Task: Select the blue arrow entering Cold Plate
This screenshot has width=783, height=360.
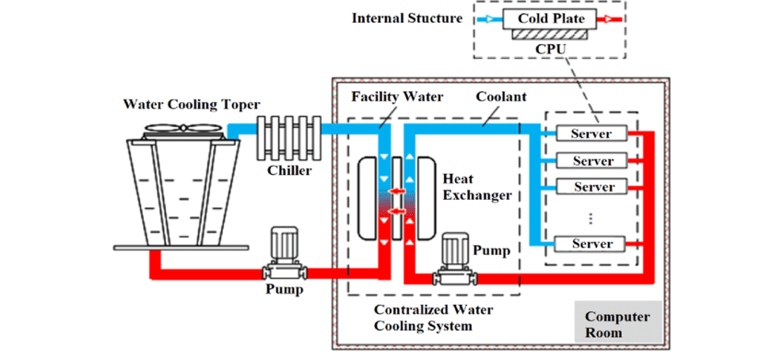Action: [x=485, y=17]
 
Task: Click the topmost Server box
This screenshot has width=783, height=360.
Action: [x=592, y=134]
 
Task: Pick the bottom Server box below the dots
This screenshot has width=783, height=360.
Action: [x=592, y=244]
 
